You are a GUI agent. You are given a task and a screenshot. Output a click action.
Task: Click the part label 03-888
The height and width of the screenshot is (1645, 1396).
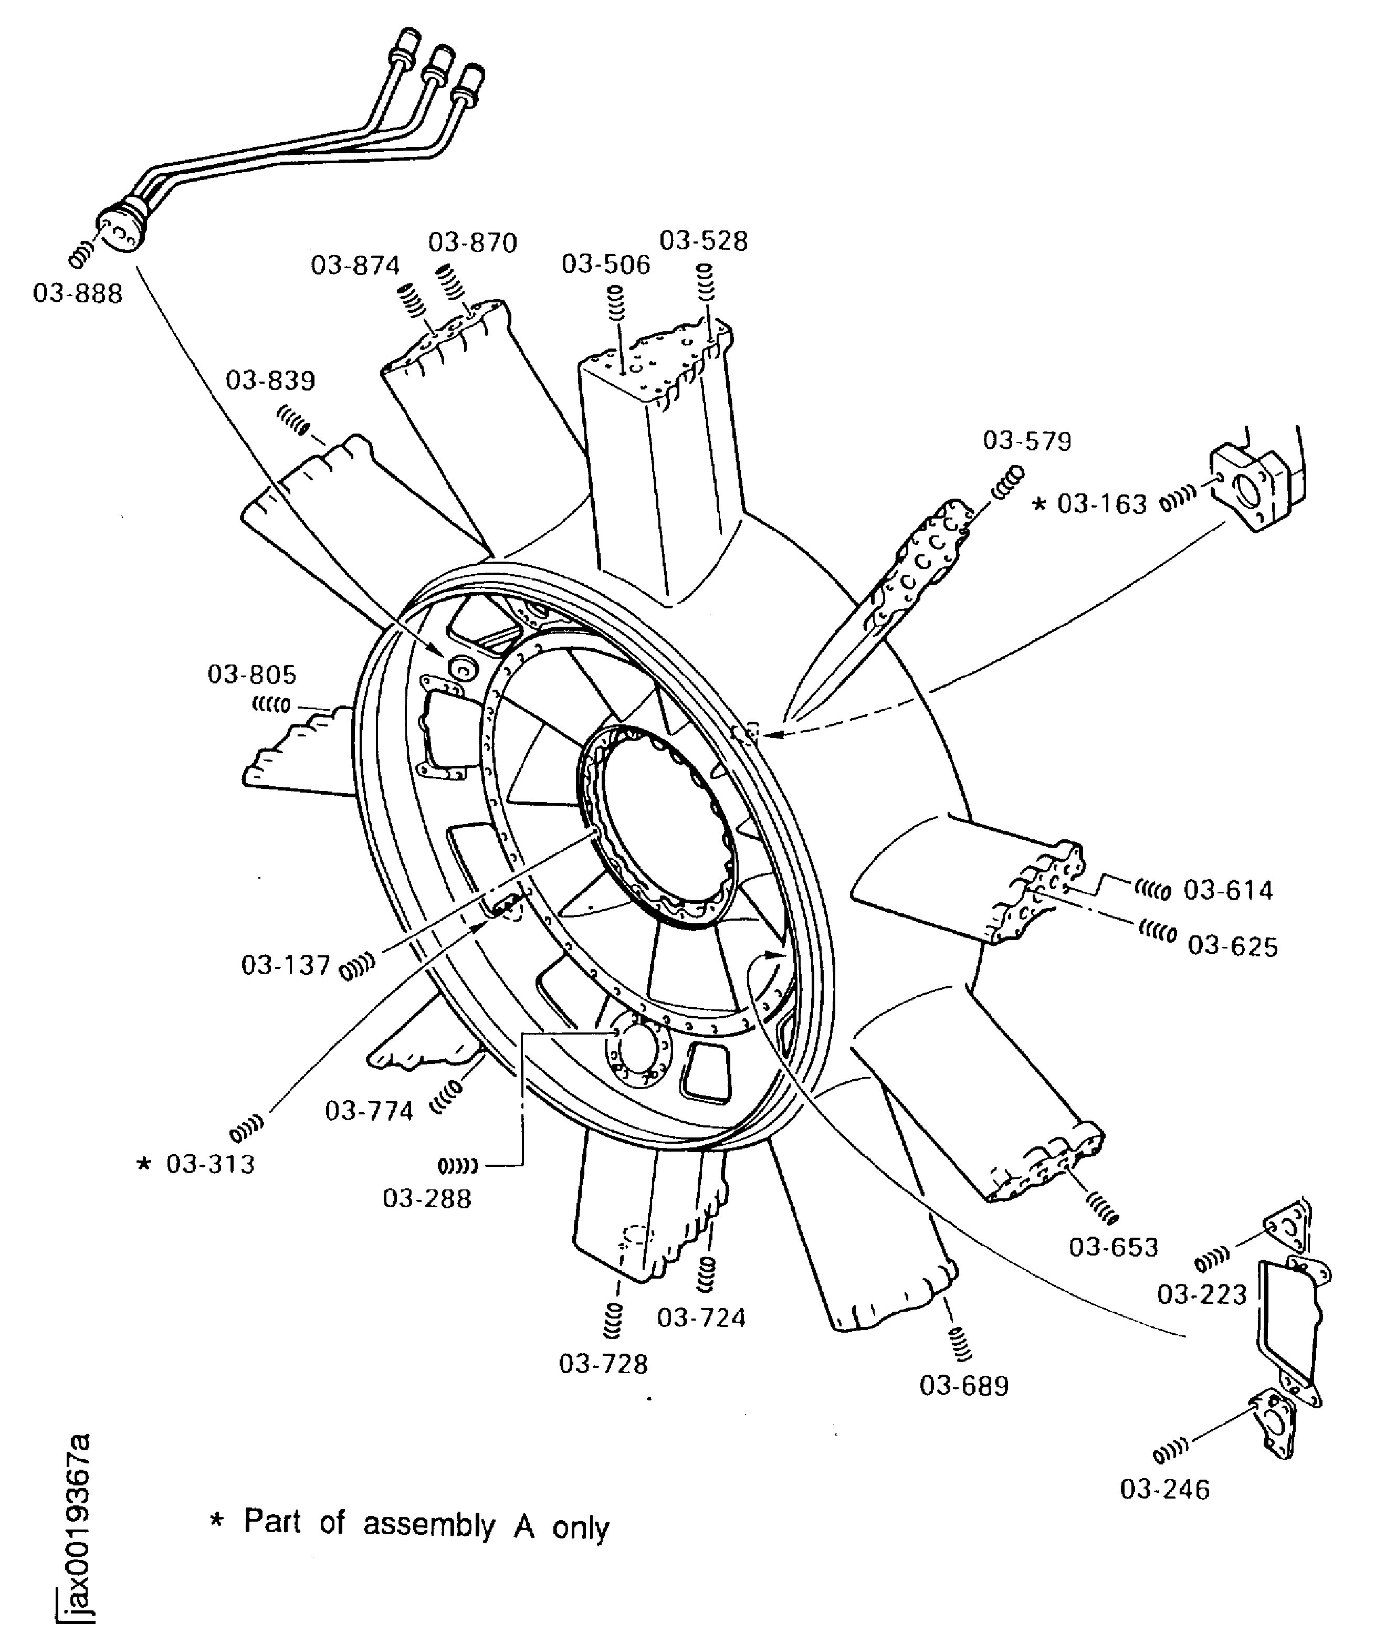(x=78, y=294)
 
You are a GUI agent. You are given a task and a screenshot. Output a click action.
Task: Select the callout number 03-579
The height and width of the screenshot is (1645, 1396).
(x=1027, y=441)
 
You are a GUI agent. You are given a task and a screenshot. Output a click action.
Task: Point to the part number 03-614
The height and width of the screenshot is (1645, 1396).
(x=1228, y=891)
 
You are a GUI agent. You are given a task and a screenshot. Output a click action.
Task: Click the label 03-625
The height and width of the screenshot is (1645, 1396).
(x=1233, y=946)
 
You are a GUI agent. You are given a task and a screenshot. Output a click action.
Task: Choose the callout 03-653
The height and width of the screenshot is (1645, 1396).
(x=1114, y=1247)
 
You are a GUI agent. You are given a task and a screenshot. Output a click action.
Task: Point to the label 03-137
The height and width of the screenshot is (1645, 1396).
(x=285, y=965)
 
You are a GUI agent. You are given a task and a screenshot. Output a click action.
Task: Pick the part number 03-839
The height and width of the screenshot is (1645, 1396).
(x=271, y=381)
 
